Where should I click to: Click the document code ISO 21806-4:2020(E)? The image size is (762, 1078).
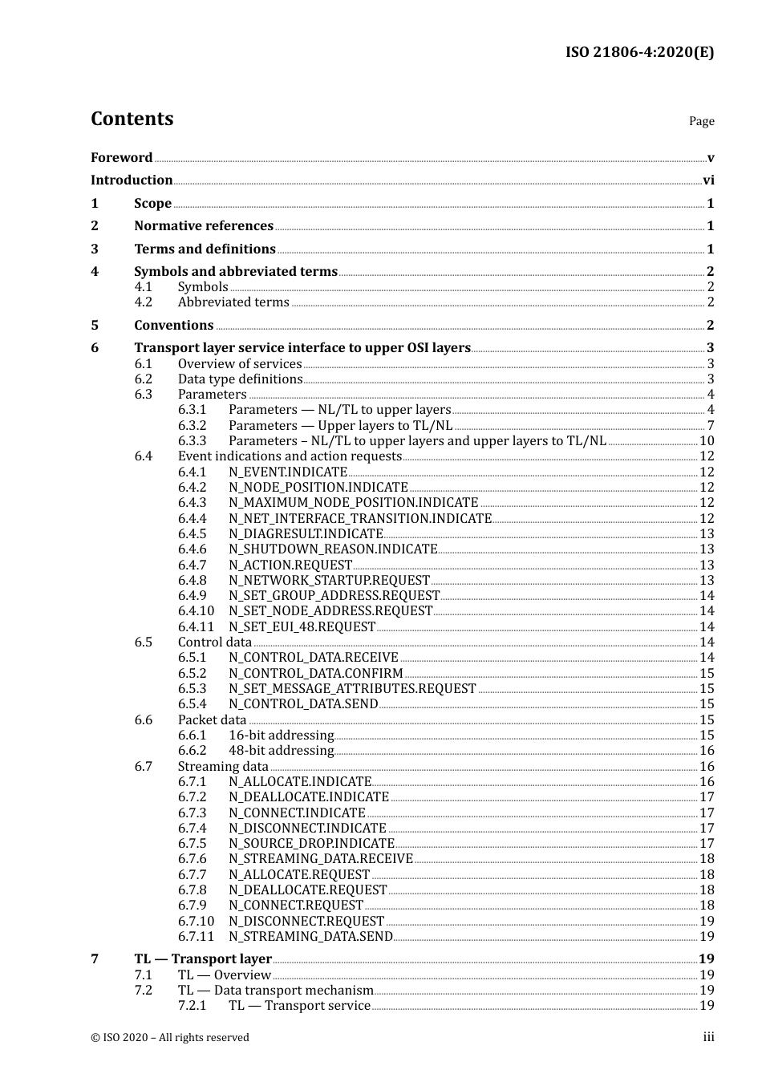click(x=639, y=52)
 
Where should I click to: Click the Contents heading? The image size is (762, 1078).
click(x=132, y=119)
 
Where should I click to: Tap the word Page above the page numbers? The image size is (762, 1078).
click(x=701, y=121)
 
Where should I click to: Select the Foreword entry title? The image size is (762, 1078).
click(x=121, y=157)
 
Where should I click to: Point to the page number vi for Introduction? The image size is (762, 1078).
click(x=708, y=180)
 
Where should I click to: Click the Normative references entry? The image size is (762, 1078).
click(x=204, y=226)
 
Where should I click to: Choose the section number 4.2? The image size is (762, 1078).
click(x=143, y=302)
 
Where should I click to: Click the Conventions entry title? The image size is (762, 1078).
click(x=173, y=326)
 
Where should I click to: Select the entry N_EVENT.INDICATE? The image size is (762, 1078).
click(x=288, y=472)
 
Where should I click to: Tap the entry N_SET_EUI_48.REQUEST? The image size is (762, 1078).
click(x=302, y=627)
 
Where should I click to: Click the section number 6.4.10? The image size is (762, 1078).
click(x=196, y=611)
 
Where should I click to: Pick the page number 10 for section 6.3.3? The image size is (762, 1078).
click(x=707, y=441)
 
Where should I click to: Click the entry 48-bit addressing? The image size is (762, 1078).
click(x=281, y=751)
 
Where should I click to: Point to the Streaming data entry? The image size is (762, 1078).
click(x=223, y=767)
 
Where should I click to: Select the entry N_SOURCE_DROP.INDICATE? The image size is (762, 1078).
click(x=311, y=844)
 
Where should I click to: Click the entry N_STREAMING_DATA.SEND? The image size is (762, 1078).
click(x=310, y=937)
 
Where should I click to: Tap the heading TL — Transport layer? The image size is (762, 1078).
click(x=203, y=959)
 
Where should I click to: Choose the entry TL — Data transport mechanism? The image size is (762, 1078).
click(x=276, y=991)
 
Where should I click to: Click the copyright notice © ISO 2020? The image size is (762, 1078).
click(x=169, y=1038)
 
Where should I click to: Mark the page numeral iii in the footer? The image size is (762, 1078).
click(x=708, y=1038)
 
